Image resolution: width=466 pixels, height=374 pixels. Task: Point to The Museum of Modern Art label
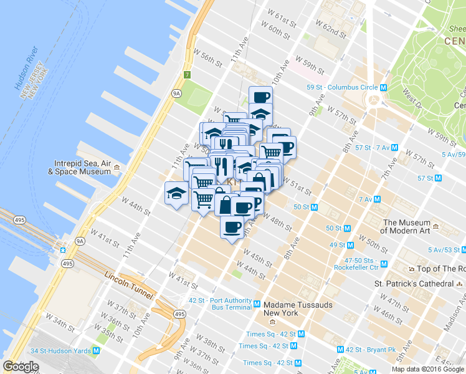(x=407, y=226)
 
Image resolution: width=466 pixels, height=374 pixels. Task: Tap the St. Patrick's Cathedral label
(x=414, y=283)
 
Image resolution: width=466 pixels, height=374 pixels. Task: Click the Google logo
(x=21, y=367)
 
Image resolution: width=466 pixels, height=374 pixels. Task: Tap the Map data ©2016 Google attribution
(x=427, y=369)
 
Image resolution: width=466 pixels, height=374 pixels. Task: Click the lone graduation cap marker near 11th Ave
(x=176, y=193)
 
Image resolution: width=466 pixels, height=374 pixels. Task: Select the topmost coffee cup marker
(x=260, y=97)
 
